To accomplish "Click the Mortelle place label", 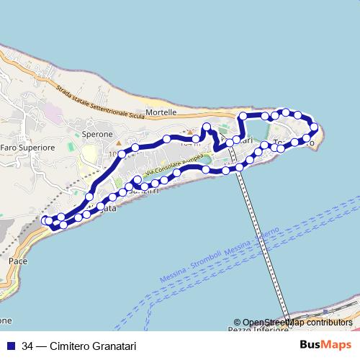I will [161, 113].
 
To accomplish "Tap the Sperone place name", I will [98, 135].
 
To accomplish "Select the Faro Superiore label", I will [27, 148].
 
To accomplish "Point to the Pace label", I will [18, 261].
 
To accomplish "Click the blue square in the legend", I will [11, 345].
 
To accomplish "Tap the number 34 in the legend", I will [28, 345].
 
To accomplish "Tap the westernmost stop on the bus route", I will [45, 220].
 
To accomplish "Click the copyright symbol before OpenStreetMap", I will [237, 323].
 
